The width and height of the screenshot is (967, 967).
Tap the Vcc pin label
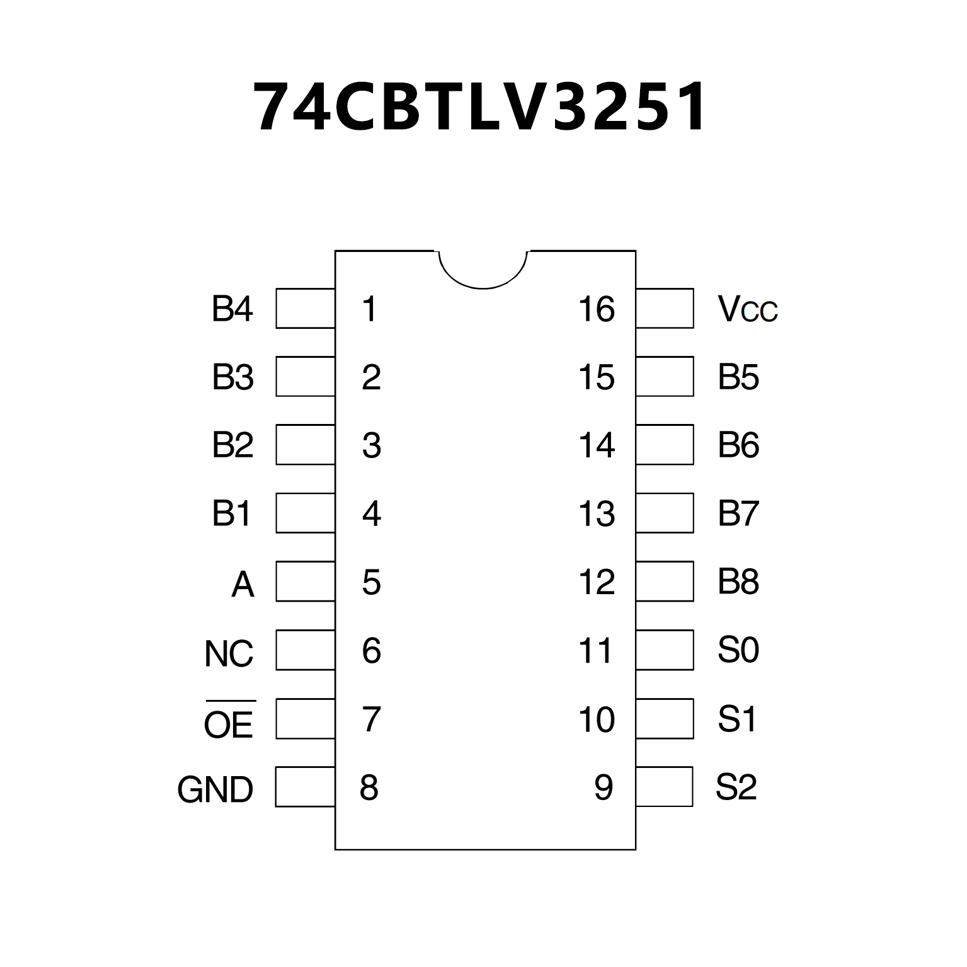point(748,309)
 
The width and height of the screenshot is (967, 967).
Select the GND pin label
point(215,789)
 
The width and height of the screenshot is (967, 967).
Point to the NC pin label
point(229,653)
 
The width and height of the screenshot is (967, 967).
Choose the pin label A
point(243,585)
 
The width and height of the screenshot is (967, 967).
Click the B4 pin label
point(232,309)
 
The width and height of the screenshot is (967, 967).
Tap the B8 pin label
point(738,582)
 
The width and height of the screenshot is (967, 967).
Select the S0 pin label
point(738,650)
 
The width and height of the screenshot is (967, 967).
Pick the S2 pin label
point(736,786)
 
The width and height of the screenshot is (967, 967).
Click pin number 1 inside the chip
point(369,309)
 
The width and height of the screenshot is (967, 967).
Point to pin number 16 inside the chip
point(596,309)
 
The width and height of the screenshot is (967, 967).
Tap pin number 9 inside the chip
point(603,787)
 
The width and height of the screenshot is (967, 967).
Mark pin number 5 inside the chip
point(371,583)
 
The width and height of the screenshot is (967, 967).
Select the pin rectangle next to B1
point(306,513)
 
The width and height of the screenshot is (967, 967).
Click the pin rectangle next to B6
point(665,445)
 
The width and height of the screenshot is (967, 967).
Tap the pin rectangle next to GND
point(306,786)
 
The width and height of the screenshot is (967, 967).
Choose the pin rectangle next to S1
point(665,718)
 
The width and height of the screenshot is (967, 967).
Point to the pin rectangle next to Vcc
point(665,309)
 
